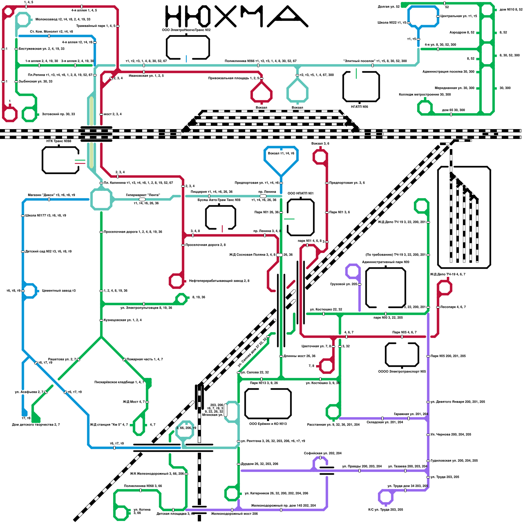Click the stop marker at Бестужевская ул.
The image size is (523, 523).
16,49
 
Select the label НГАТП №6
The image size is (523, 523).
360,107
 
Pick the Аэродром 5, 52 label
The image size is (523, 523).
462,32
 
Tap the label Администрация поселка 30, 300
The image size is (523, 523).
448,72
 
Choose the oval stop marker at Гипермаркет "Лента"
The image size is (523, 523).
142,199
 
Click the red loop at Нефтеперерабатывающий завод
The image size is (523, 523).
177,281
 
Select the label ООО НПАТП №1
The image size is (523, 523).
300,193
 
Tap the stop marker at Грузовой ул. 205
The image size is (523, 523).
360,284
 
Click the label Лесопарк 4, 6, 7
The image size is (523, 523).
453,307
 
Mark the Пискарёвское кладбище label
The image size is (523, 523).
119,382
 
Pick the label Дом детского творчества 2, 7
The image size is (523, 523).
36,425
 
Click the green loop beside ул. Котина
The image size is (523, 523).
121,513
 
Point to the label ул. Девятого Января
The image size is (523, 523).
458,402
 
